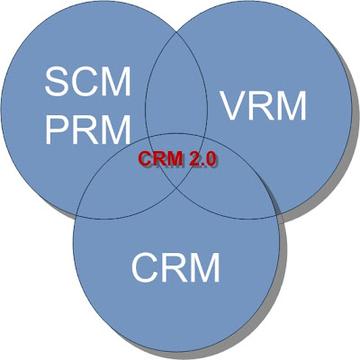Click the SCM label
[x=87, y=81]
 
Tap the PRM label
[x=88, y=130]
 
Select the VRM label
[x=263, y=105]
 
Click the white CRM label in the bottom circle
[x=175, y=267]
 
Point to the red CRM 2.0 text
[x=177, y=158]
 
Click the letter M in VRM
[x=292, y=105]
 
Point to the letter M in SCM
[x=116, y=81]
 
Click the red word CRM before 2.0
[x=160, y=158]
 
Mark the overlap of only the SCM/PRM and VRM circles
[x=176, y=90]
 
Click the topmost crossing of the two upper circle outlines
[x=177, y=31]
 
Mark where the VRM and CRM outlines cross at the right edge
[x=276, y=215]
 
